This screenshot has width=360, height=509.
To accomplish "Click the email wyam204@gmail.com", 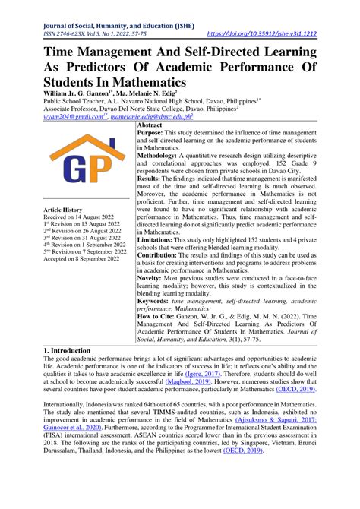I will click(x=68, y=119).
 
